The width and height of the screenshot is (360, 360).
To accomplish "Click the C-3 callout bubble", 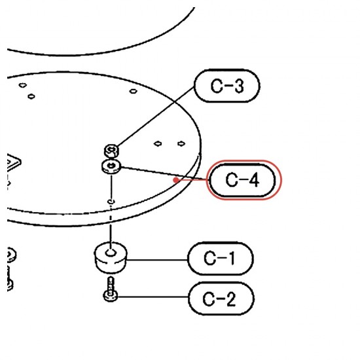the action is (227, 86).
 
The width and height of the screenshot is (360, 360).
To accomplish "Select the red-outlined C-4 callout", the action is (244, 180).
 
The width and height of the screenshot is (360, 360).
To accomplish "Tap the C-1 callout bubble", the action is (221, 259).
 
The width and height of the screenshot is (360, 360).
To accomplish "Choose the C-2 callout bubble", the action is (221, 298).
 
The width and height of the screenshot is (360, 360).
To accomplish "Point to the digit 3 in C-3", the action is (238, 86).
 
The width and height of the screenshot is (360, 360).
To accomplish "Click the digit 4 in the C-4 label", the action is (253, 180).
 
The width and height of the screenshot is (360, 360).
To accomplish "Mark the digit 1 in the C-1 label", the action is (232, 259).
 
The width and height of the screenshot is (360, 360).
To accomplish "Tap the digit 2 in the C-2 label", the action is (230, 299).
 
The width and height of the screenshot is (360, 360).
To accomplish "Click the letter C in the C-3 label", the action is (216, 86).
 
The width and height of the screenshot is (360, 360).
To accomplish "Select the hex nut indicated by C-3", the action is (111, 151).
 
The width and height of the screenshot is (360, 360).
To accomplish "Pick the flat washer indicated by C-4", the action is (111, 166).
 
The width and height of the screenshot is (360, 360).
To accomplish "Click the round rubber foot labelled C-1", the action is (111, 257).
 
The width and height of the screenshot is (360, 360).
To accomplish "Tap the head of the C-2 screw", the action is (111, 296).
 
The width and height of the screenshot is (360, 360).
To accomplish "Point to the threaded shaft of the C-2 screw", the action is (111, 284).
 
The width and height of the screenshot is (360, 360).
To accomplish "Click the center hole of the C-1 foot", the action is (111, 253).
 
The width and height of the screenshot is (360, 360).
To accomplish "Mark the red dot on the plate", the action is (176, 180).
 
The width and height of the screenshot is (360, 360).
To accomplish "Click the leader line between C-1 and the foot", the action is (157, 260).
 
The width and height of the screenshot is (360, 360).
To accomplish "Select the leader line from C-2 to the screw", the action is (153, 297).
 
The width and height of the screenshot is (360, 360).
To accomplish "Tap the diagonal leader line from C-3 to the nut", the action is (156, 117).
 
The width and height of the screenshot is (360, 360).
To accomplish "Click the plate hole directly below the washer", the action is (111, 202).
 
